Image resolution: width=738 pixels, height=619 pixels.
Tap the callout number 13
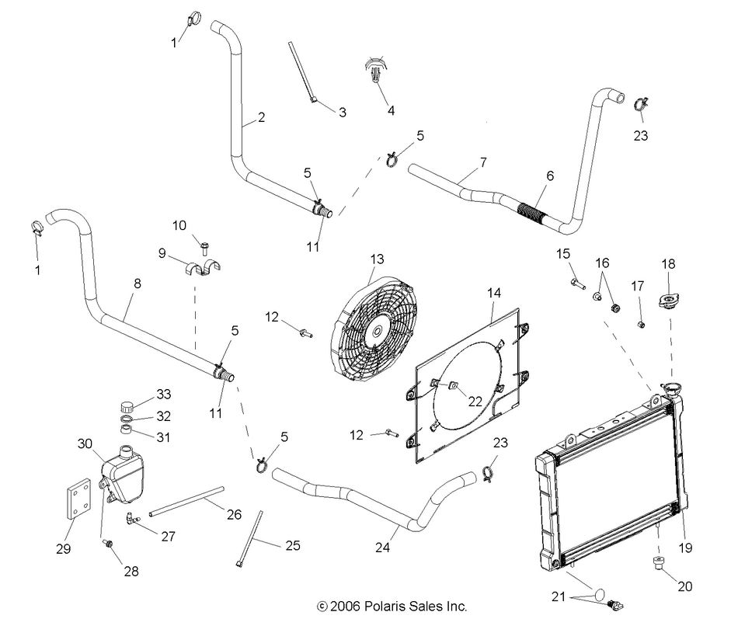point(378,259)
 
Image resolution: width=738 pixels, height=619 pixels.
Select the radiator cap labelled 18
point(667,300)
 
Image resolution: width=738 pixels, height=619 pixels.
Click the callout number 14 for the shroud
point(494,293)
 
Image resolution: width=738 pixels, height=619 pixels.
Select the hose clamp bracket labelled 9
point(203,269)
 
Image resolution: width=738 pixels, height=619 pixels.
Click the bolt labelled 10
point(204,246)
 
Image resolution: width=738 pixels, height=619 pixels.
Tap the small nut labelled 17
point(642,323)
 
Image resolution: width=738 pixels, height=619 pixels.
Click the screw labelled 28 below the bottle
point(108,545)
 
